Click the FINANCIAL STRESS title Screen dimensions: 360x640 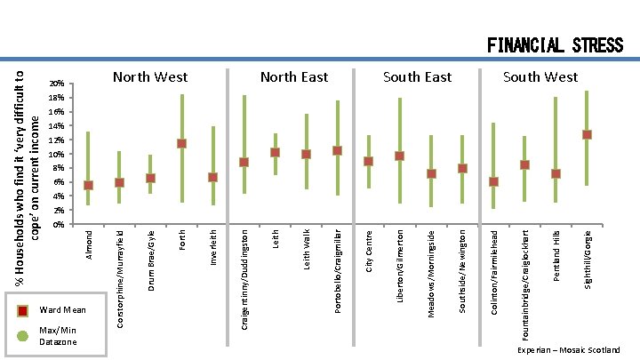point(555,44)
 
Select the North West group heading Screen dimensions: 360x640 point(149,78)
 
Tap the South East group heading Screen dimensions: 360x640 point(417,78)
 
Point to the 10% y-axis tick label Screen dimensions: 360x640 point(56,155)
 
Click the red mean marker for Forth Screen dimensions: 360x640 point(181,143)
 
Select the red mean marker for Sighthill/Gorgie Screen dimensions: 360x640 point(587,134)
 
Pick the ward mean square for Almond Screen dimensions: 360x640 point(88,185)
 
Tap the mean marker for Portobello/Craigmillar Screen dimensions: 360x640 point(337,150)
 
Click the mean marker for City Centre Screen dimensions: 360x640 point(368,161)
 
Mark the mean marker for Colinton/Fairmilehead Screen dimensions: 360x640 point(493,181)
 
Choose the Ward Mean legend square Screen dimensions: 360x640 point(24,310)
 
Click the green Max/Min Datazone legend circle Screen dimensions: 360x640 point(24,335)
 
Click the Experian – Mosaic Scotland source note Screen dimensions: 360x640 point(569,350)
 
